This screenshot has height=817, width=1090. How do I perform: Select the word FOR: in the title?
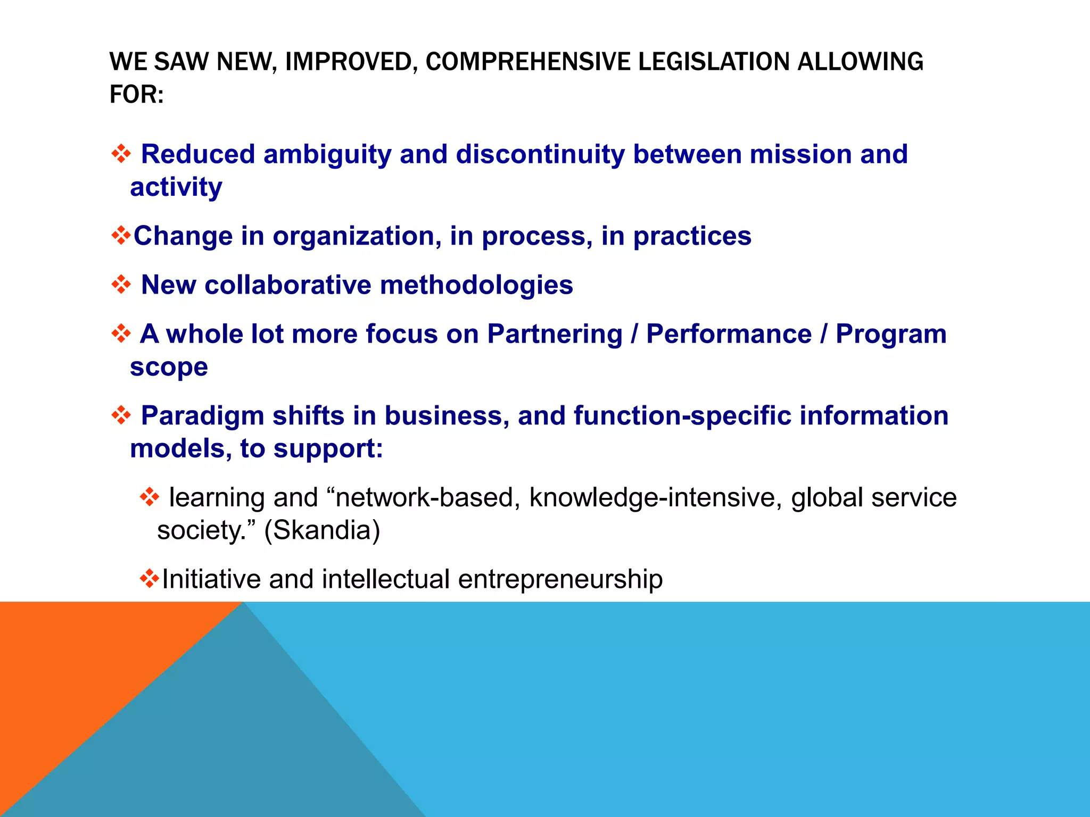pos(137,95)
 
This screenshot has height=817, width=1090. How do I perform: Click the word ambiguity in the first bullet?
pos(327,155)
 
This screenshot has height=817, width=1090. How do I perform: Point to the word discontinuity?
pos(540,154)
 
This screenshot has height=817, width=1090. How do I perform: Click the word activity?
pos(176,187)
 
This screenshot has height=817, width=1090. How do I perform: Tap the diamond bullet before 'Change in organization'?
pos(121,236)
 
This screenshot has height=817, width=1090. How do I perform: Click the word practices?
pos(692,236)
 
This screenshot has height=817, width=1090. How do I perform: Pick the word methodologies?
pos(476,286)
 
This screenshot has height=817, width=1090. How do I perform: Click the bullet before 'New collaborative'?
pos(121,285)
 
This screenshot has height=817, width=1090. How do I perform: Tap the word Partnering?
pos(555,335)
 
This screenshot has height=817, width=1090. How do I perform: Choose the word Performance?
pos(729,335)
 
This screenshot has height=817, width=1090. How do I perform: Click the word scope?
pos(169,368)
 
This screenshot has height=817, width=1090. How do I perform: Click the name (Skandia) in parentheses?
pos(322,530)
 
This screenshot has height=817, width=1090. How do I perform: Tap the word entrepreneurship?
pos(560,579)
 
